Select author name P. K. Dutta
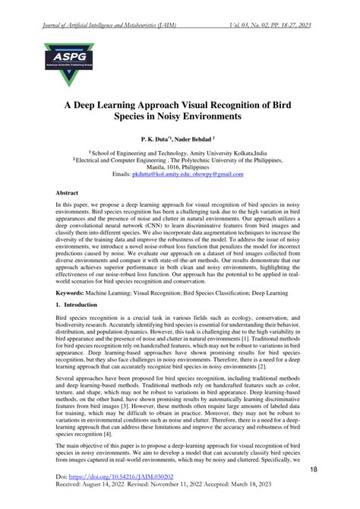[157, 141]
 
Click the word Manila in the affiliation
[147, 166]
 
